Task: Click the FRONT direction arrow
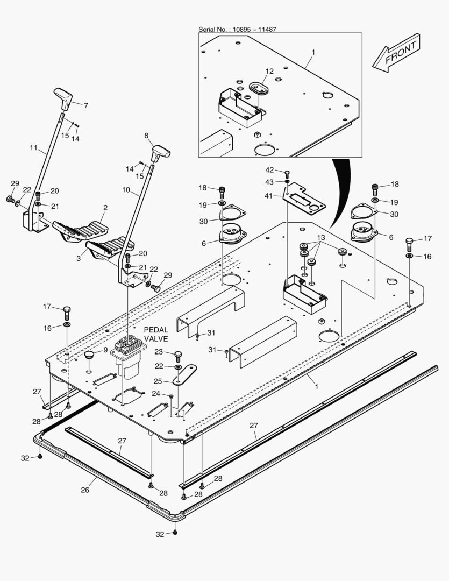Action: (397, 52)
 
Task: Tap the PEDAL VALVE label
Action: (155, 334)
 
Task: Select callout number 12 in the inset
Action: (269, 71)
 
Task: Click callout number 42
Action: (270, 171)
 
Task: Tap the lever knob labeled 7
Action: (63, 98)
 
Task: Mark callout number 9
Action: (105, 350)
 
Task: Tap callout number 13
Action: (320, 238)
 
